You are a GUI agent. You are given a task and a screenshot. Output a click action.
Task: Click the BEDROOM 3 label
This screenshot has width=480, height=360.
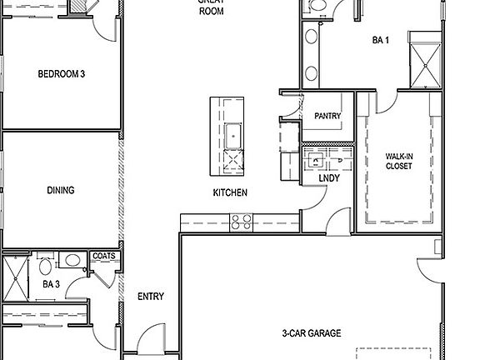click(x=62, y=74)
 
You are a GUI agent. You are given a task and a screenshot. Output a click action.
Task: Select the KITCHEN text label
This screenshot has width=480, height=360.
click(x=229, y=192)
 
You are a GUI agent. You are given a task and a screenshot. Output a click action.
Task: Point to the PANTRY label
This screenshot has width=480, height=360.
click(x=327, y=117)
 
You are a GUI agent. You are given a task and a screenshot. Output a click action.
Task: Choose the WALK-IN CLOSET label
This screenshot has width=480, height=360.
click(x=398, y=161)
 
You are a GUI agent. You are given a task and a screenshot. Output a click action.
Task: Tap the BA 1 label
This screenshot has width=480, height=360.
click(x=381, y=40)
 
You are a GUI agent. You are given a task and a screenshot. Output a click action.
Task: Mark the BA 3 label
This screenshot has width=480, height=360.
click(x=52, y=284)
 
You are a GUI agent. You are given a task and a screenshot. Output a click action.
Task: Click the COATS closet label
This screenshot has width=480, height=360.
click(x=104, y=256)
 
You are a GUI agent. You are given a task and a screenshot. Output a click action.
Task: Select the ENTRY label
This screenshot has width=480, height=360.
click(x=150, y=296)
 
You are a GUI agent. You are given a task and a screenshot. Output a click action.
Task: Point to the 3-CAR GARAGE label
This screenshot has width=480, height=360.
click(x=311, y=333)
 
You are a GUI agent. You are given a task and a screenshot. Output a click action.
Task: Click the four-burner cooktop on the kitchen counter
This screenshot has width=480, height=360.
click(x=242, y=222)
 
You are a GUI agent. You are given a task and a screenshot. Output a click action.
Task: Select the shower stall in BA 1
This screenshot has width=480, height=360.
click(x=426, y=56)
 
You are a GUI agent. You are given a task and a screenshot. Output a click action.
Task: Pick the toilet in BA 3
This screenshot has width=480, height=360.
click(x=44, y=267)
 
